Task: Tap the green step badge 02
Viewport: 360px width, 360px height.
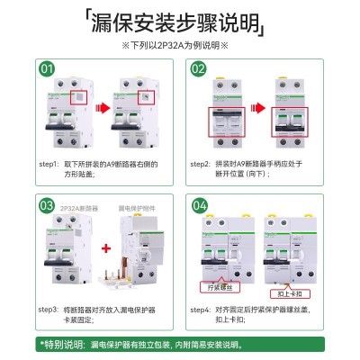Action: click(x=200, y=68)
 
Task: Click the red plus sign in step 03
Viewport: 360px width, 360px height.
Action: click(x=105, y=247)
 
